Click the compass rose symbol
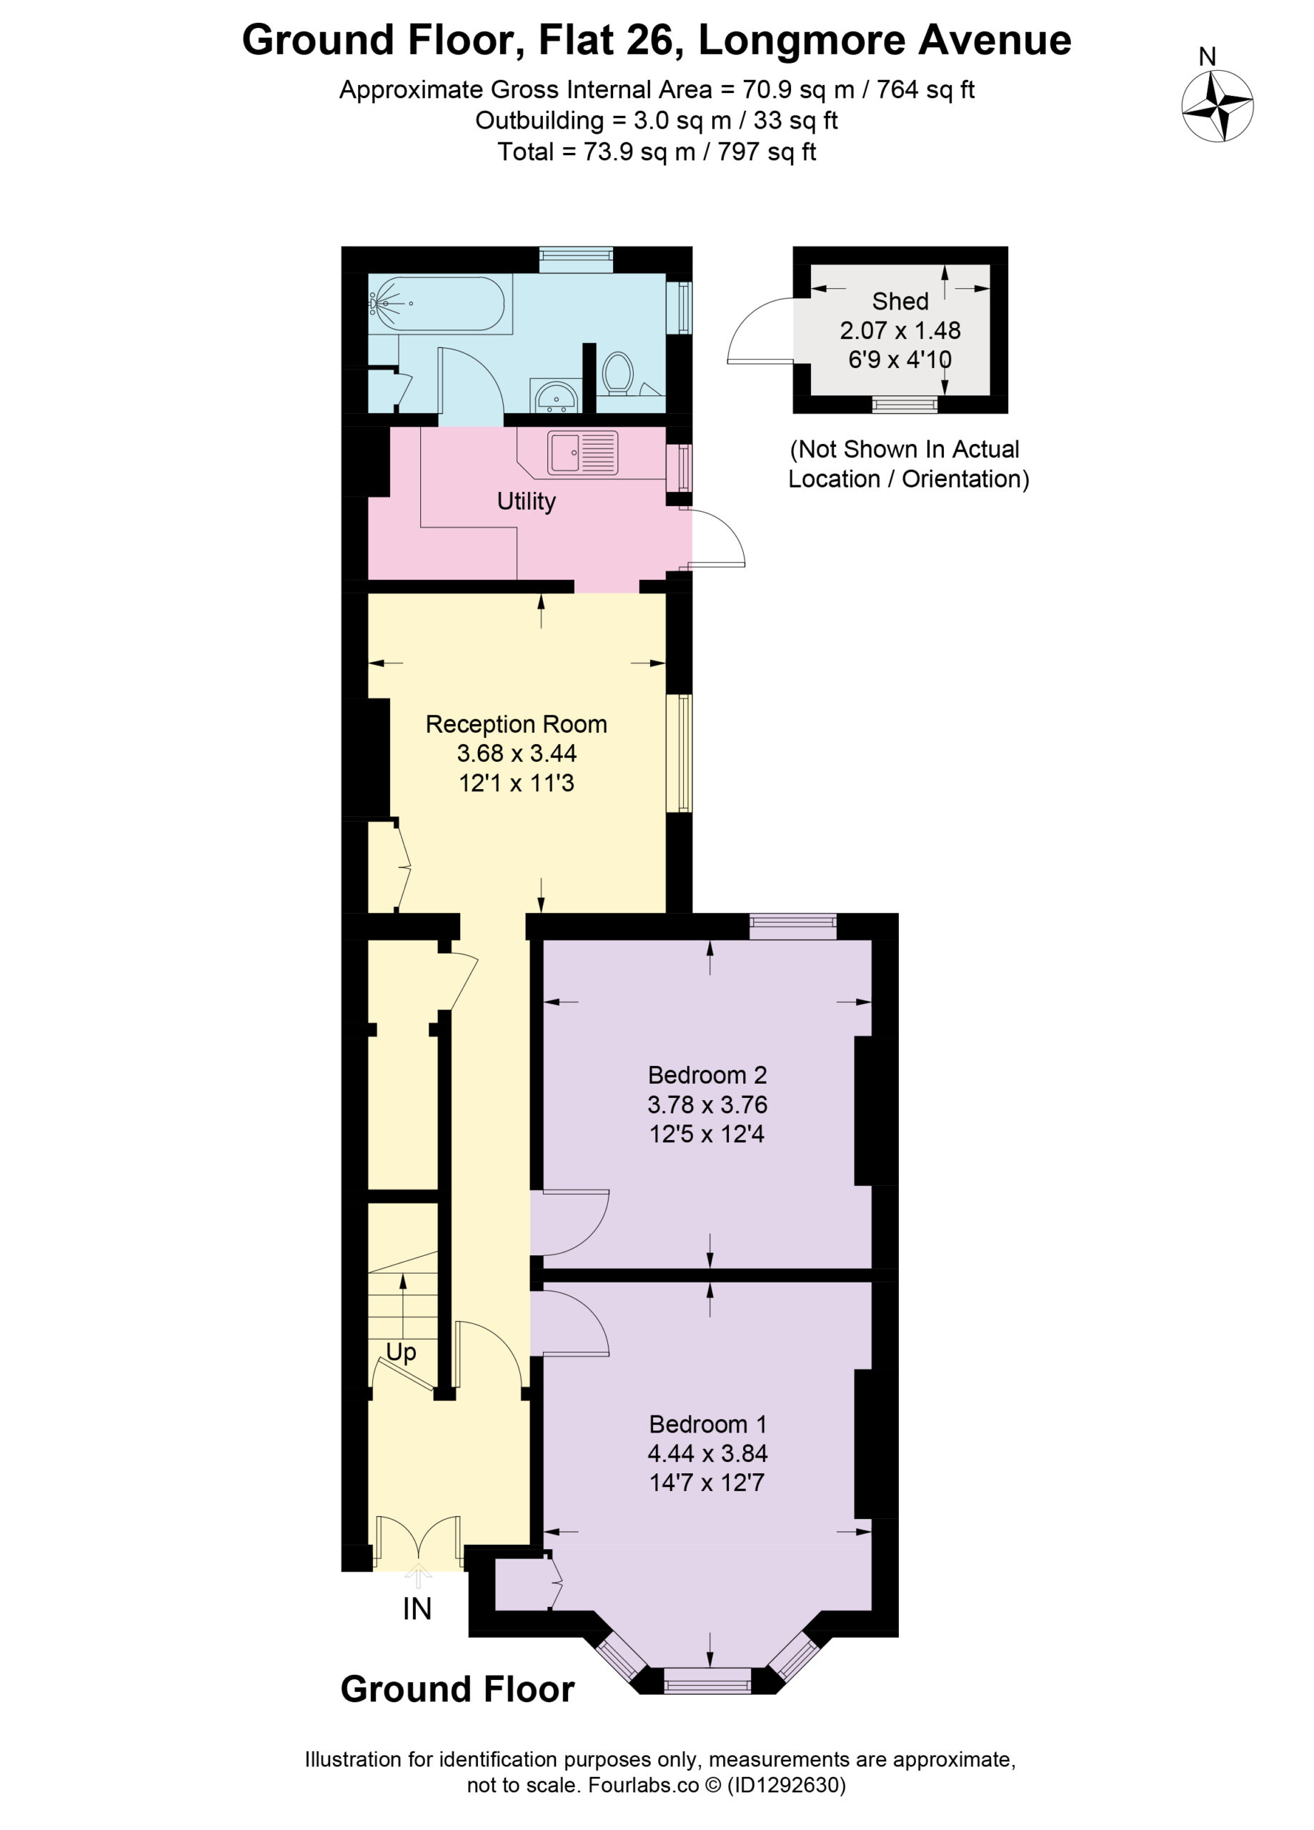coord(1218,106)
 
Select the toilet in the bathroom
coord(619,372)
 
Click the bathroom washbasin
coord(555,395)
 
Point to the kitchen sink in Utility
coord(583,452)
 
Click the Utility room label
coord(526,501)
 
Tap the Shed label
coord(900,301)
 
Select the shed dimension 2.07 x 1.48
coord(900,330)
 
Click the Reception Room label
coord(517,723)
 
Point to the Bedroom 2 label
coord(707,1074)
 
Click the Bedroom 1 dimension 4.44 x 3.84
coord(707,1453)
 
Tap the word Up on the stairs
coord(401,1352)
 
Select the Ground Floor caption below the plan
coord(457,1688)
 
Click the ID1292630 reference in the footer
coord(786,1786)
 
